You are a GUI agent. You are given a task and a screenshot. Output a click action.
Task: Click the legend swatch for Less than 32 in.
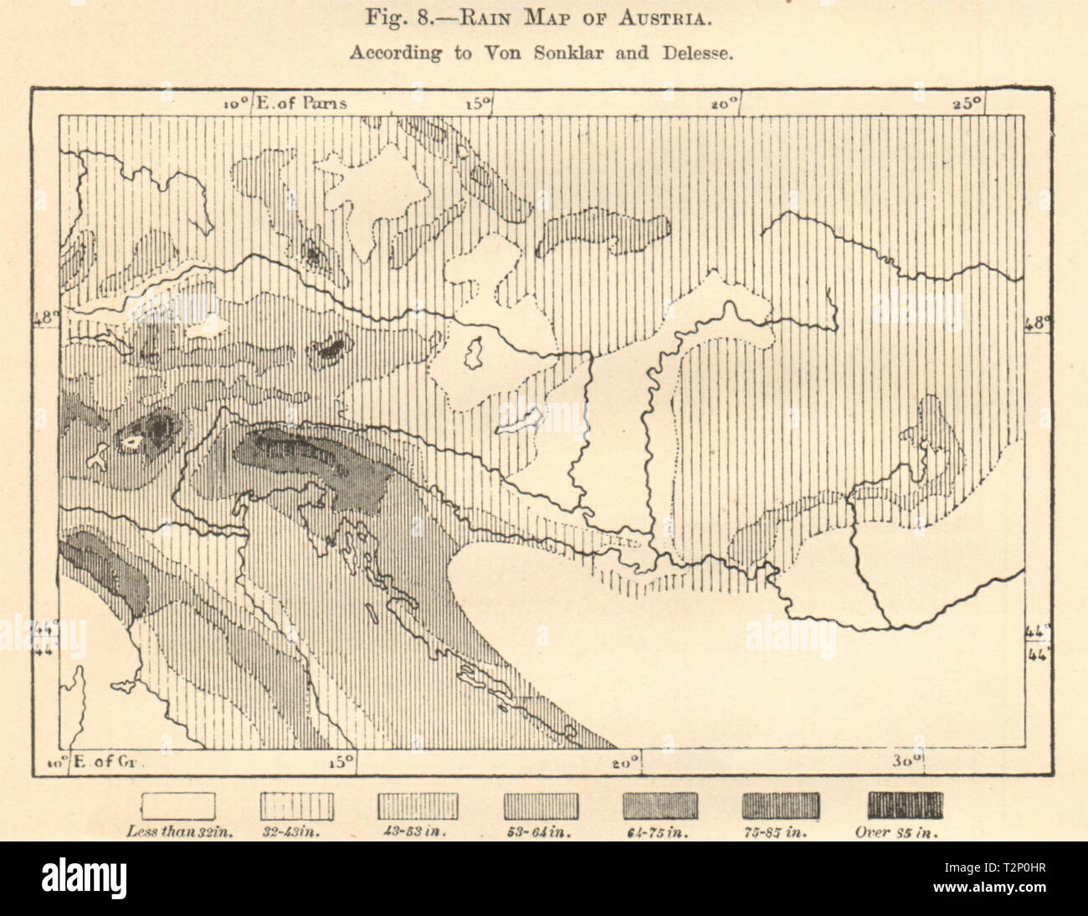tap(178, 805)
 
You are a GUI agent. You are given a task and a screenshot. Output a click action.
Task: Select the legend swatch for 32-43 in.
tap(298, 805)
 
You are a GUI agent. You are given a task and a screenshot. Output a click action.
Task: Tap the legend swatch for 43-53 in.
tap(418, 805)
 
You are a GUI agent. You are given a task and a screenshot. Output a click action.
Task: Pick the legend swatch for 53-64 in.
tap(540, 805)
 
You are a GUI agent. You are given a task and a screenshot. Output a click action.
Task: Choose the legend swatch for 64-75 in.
tap(660, 805)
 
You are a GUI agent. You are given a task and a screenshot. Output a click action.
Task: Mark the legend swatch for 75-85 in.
tap(781, 805)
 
